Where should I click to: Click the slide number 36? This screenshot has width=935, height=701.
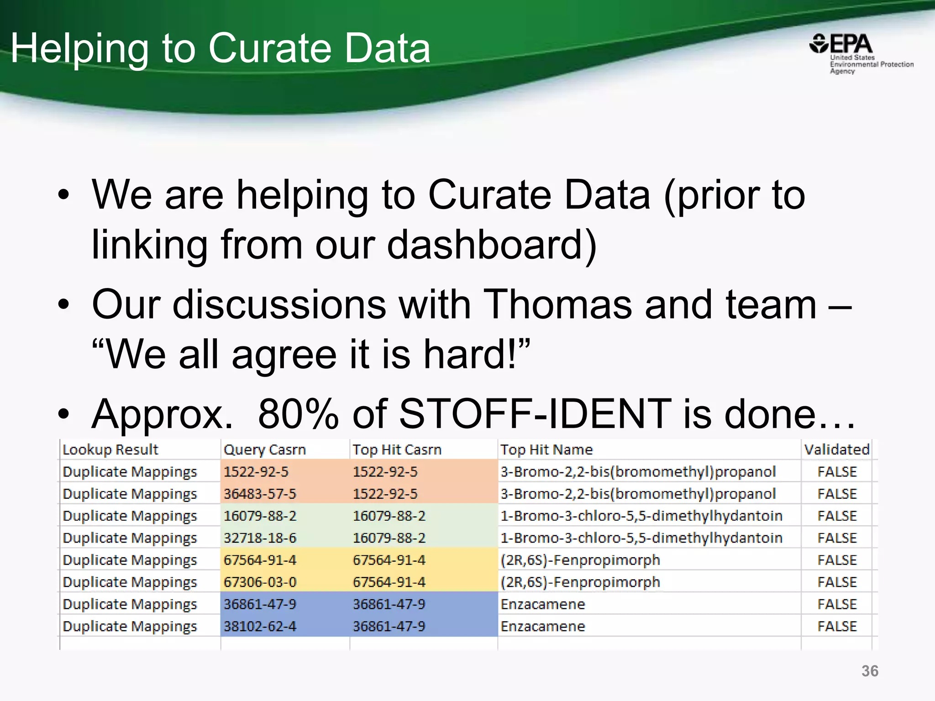(870, 671)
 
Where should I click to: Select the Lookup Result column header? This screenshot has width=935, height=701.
(110, 450)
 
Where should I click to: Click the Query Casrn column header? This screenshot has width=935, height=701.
(264, 450)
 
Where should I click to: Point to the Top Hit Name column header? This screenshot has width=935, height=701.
(546, 450)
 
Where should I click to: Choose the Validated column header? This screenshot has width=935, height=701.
(836, 450)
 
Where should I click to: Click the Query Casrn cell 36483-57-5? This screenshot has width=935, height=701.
(260, 494)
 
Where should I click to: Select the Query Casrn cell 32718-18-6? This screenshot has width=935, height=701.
(260, 538)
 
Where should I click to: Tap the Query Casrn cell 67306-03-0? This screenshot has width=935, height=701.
(260, 582)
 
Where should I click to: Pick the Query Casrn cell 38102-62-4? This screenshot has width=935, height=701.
(260, 626)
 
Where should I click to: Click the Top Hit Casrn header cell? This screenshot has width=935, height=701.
(397, 450)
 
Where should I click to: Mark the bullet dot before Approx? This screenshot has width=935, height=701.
(63, 414)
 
